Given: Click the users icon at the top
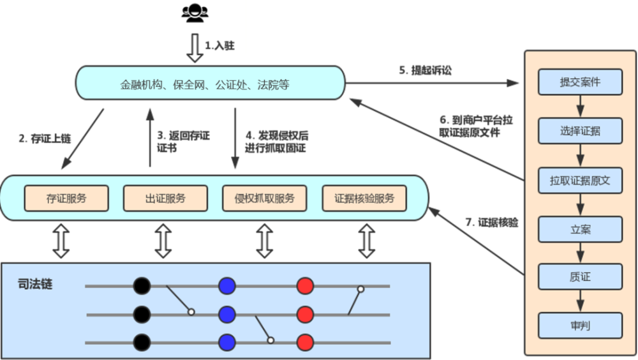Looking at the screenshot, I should (x=194, y=13).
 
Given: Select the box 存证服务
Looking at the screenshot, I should (x=66, y=198).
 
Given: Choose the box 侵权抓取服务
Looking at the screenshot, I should (x=263, y=198).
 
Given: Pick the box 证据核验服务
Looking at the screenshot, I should (x=364, y=198).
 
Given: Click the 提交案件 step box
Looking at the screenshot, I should (x=580, y=82).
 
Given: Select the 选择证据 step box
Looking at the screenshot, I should (x=580, y=131).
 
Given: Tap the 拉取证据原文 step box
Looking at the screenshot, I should (x=580, y=180).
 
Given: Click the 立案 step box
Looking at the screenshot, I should (x=580, y=229).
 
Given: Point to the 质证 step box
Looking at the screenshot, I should (x=580, y=277).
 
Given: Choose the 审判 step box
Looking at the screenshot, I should (x=580, y=326).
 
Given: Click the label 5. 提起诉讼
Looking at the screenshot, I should (x=426, y=71).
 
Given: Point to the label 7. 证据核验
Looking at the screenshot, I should (x=491, y=223).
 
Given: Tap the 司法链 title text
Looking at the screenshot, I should (x=35, y=283).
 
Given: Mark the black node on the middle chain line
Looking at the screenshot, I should (x=142, y=314).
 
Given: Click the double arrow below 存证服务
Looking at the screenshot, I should (x=61, y=241).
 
